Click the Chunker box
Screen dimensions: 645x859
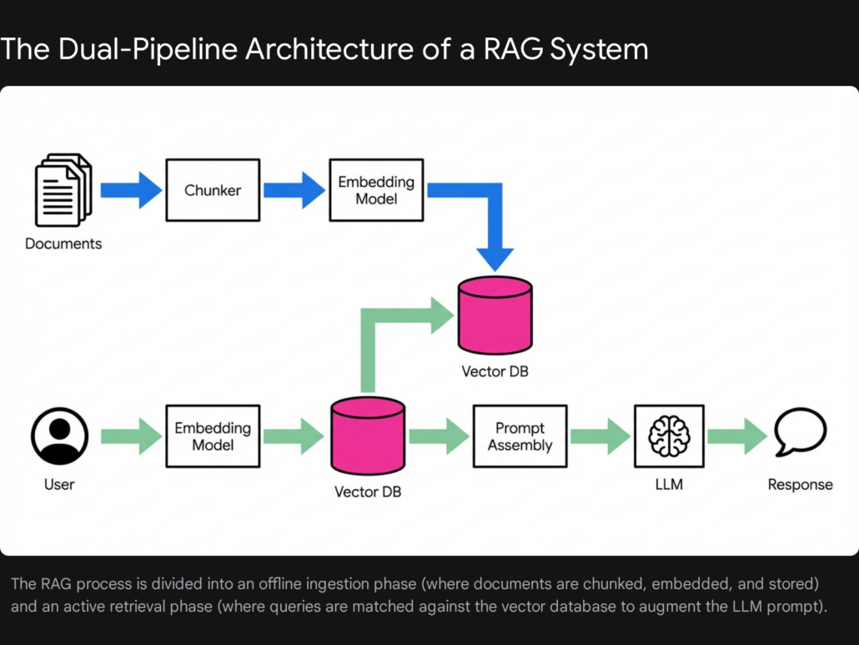213,190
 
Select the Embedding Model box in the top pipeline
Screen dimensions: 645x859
376,190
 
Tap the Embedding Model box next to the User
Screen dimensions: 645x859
213,436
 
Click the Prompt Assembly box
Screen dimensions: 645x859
520,436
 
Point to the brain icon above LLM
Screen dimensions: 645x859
669,436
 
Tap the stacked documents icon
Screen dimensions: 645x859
63,190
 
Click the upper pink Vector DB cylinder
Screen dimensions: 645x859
495,315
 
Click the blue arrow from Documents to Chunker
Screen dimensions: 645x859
131,190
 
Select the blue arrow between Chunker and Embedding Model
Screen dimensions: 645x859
294,190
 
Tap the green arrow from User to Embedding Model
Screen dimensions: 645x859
131,436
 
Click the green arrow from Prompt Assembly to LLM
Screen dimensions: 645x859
600,436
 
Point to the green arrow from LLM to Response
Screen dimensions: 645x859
736,436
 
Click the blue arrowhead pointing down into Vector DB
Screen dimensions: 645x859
495,254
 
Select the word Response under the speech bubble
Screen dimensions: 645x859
800,485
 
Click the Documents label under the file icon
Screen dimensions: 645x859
63,244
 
